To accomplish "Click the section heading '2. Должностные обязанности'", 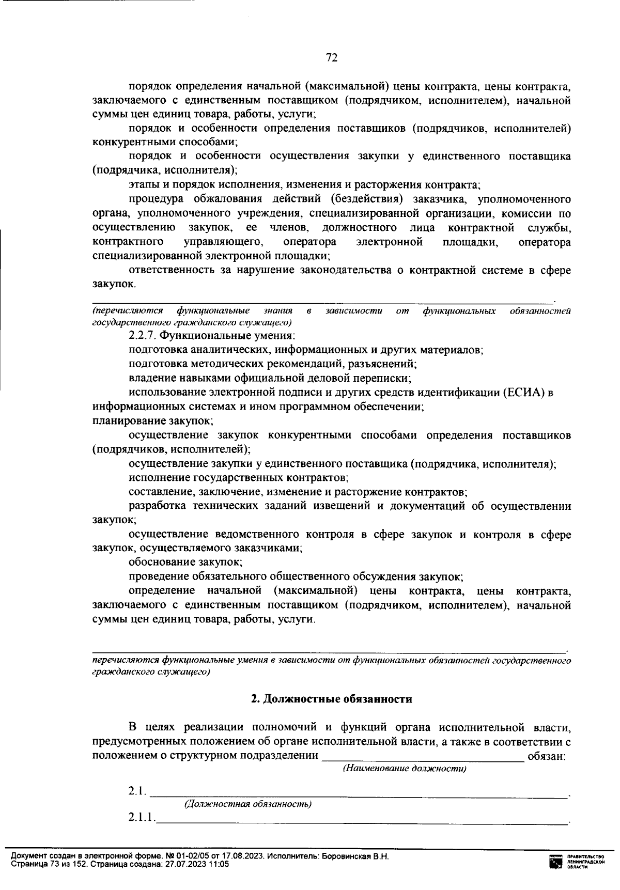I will click(331, 699).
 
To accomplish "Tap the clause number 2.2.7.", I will click(142, 336).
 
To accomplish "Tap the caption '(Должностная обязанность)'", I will click(247, 804).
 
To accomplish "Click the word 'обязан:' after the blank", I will click(546, 756).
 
